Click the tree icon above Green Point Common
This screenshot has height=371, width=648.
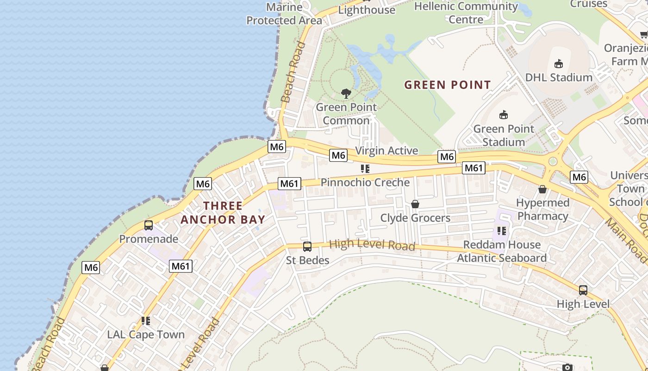click(346, 94)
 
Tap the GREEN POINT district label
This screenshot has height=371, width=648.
click(447, 85)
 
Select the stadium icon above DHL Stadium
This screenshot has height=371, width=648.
click(559, 64)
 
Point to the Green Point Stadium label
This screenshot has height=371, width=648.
click(504, 135)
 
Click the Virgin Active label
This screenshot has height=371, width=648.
click(386, 151)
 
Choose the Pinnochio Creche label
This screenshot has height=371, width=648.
click(365, 183)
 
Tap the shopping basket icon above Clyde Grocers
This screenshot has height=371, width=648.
click(415, 204)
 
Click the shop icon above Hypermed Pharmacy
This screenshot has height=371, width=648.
click(542, 189)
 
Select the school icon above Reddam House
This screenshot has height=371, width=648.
click(502, 230)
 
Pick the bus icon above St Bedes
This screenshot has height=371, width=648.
click(307, 246)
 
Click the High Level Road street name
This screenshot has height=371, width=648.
click(372, 244)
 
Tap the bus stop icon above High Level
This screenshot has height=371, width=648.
click(583, 290)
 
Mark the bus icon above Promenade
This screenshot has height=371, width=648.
click(149, 225)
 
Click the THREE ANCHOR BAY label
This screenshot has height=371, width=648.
click(223, 213)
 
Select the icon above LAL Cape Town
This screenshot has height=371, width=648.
click(146, 321)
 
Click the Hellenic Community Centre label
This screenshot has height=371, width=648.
click(466, 13)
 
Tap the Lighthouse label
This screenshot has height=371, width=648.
click(367, 10)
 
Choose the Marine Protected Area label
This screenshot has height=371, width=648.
click(284, 14)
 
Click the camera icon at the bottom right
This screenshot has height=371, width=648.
click(567, 367)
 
